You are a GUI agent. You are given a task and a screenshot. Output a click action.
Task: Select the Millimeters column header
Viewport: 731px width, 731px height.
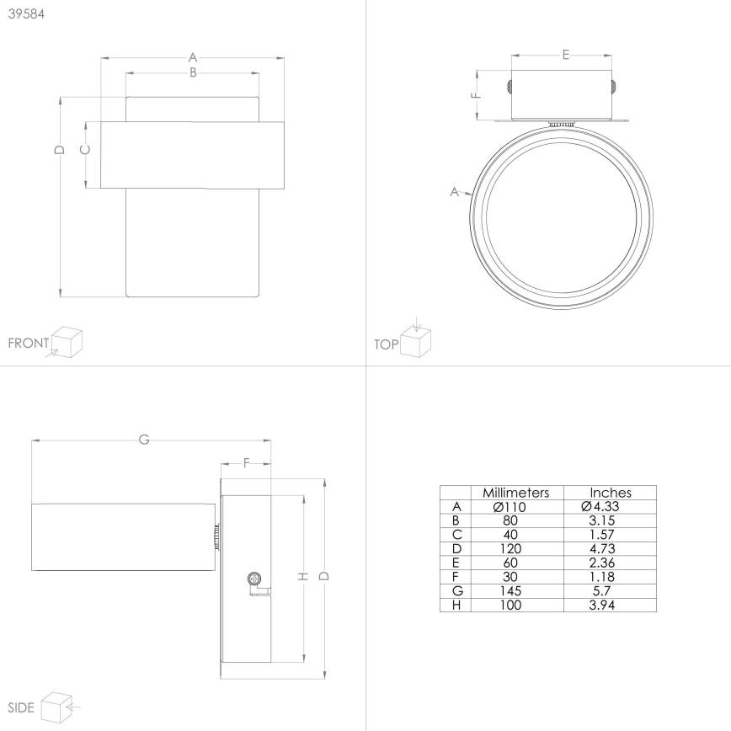pos(515,493)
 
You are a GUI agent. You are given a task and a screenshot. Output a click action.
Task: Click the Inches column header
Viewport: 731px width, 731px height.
pos(610,493)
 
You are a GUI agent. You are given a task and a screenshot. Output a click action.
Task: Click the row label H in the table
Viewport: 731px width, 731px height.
pos(456,606)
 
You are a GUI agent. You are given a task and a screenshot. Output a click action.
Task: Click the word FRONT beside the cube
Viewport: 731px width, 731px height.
pos(27,344)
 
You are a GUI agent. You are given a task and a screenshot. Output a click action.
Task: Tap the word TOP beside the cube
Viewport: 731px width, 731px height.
pos(386,344)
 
